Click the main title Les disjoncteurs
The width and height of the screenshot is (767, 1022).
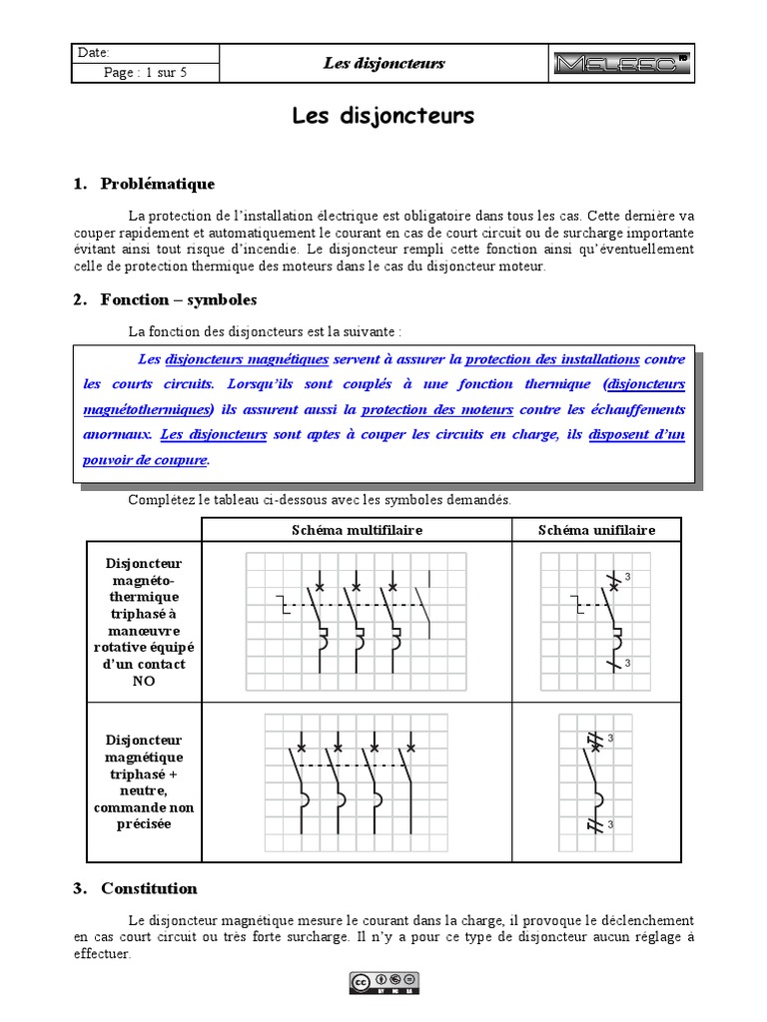tap(383, 117)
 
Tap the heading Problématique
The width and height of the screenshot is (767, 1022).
tap(157, 184)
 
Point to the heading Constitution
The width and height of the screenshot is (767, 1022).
tap(149, 888)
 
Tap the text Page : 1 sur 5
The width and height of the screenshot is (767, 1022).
tap(145, 73)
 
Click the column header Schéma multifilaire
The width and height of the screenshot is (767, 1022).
tap(357, 530)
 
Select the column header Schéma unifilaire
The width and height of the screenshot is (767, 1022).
tap(596, 530)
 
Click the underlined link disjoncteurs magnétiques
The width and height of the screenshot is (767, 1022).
tap(247, 359)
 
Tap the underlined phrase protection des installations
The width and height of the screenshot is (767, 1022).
tap(552, 359)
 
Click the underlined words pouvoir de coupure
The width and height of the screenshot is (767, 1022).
tap(145, 459)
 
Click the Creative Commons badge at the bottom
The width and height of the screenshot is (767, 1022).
tap(383, 983)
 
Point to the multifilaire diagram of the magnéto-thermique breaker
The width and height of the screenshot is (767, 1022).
tap(357, 620)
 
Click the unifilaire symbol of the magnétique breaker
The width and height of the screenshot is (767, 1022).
tap(596, 782)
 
